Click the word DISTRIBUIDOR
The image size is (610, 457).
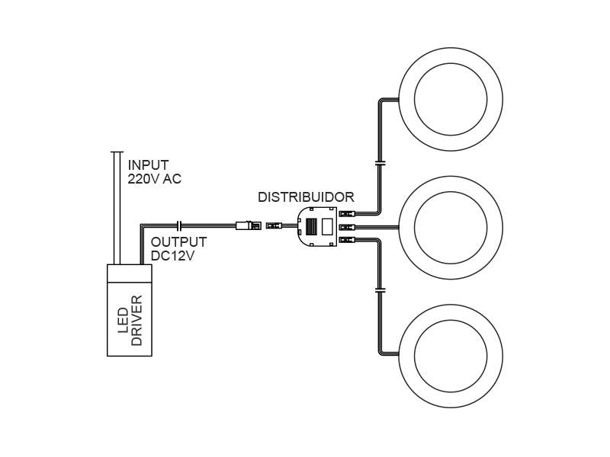[306, 197]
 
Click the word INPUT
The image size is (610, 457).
[148, 165]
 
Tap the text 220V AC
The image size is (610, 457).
[155, 179]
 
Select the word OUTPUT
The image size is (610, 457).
[178, 242]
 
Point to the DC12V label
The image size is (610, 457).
[172, 256]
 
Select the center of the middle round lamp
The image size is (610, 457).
[450, 226]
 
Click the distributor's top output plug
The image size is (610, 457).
[348, 214]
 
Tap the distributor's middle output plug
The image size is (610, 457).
[348, 226]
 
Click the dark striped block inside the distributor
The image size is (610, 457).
[312, 226]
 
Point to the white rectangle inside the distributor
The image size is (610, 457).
[326, 226]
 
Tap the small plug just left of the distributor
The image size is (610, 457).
[273, 225]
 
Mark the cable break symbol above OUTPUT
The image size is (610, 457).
[178, 225]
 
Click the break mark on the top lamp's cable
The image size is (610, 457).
[380, 162]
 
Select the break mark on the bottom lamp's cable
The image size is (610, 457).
[380, 290]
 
